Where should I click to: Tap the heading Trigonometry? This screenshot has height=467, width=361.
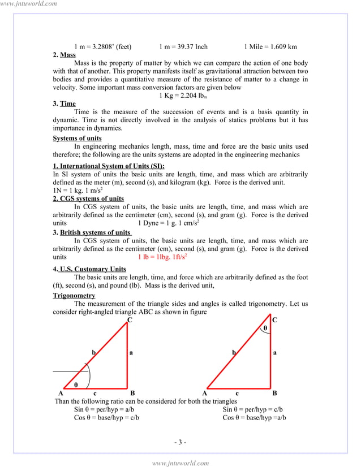pos(74,296)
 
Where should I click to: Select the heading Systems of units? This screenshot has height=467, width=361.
pos(78,139)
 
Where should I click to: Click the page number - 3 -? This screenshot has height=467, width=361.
pos(180,442)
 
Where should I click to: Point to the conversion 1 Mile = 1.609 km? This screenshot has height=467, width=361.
pos(270,46)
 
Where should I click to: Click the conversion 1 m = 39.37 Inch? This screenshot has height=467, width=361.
pos(183,46)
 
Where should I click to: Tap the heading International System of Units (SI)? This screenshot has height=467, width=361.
pos(109,166)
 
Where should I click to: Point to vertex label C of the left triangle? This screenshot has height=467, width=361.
pos(130,320)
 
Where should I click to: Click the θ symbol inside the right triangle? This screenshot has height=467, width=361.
pos(264,328)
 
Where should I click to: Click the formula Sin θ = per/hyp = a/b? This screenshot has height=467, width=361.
pos(104,409)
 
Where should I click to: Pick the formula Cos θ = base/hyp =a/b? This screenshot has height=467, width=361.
pos(254,418)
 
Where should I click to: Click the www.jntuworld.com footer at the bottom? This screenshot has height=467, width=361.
pos(180,462)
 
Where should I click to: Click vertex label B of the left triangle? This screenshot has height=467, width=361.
pos(132,393)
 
